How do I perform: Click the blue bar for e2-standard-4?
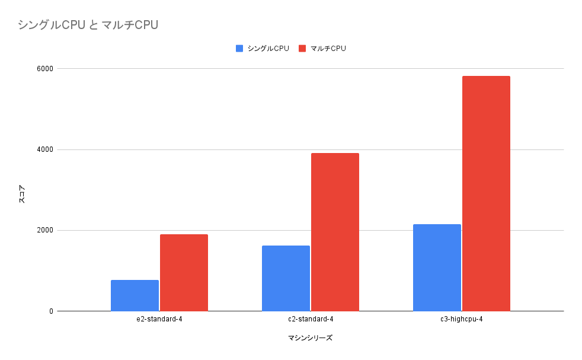[135, 295]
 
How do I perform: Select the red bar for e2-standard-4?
[184, 273]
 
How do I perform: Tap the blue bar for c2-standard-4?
[286, 278]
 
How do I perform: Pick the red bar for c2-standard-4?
[335, 232]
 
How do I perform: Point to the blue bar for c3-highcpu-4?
[437, 267]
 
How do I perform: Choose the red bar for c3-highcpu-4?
[486, 193]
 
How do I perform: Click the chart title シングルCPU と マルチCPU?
[88, 25]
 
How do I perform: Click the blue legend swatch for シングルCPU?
[239, 49]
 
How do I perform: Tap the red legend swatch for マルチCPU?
[302, 49]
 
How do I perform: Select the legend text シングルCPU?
[268, 49]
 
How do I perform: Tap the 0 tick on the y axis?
[50, 311]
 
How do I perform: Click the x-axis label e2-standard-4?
[159, 320]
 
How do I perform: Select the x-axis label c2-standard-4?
[310, 320]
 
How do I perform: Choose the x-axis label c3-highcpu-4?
[461, 320]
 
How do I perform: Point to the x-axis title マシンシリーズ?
[310, 338]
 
